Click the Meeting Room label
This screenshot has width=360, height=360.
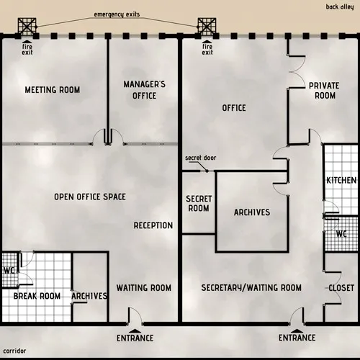(x=52, y=90)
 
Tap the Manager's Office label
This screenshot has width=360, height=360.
(x=144, y=90)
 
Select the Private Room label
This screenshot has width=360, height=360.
(x=323, y=90)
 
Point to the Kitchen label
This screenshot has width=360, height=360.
(x=341, y=180)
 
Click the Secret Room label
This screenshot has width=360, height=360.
(x=198, y=203)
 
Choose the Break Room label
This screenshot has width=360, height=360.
(x=37, y=296)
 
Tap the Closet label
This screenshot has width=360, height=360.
(x=341, y=288)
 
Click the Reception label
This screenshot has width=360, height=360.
(x=153, y=225)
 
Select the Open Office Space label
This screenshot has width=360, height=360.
(x=90, y=197)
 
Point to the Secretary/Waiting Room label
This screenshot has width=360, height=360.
(x=251, y=288)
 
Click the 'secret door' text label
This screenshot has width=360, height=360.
(x=199, y=158)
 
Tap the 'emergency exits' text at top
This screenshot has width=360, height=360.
(x=118, y=15)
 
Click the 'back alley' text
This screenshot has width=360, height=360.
(x=341, y=6)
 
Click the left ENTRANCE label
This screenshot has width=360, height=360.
(x=135, y=338)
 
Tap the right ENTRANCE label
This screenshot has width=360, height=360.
(x=297, y=338)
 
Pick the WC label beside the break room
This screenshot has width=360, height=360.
(x=9, y=271)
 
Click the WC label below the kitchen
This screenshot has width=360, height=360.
(x=341, y=234)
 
